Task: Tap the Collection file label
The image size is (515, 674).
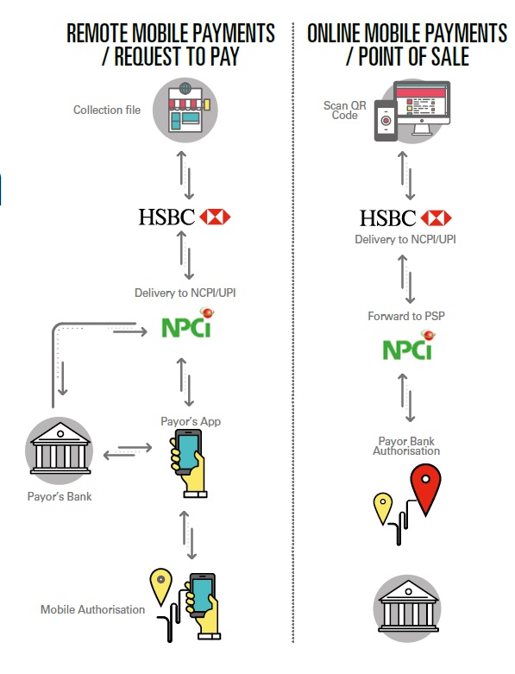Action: pos(107,110)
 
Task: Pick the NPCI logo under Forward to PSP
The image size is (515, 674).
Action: pos(407,350)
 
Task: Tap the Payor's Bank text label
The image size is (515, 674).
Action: pos(60,497)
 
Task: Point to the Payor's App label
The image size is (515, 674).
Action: pos(192,421)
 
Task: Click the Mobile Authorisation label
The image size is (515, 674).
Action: pos(92,610)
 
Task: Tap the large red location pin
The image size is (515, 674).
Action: pos(425,486)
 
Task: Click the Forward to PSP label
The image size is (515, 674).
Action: pos(406,317)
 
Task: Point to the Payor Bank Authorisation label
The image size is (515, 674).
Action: pos(406,446)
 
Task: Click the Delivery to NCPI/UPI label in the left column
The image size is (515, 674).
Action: pos(185,293)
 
